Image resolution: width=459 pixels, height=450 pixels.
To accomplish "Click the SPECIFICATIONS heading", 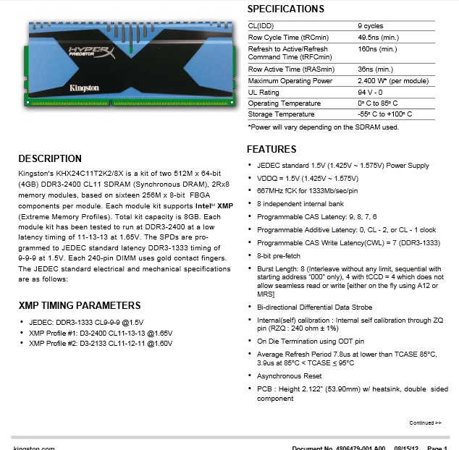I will (285, 9).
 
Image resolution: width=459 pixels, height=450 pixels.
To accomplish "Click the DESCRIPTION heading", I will (50, 158).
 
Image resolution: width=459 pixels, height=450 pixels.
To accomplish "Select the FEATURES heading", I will (271, 149).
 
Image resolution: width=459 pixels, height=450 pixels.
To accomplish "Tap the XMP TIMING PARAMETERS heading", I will (80, 305).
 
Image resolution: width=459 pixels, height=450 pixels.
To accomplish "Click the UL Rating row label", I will (263, 93).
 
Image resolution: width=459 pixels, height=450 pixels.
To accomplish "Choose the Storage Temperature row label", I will (281, 114).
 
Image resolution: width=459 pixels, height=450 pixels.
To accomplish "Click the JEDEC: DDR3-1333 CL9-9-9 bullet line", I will (86, 322).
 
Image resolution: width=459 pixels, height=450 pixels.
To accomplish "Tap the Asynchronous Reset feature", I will (289, 376).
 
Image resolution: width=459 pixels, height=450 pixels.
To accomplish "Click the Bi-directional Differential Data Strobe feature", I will (313, 307).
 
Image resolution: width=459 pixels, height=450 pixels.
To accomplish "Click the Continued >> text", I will (426, 423).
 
